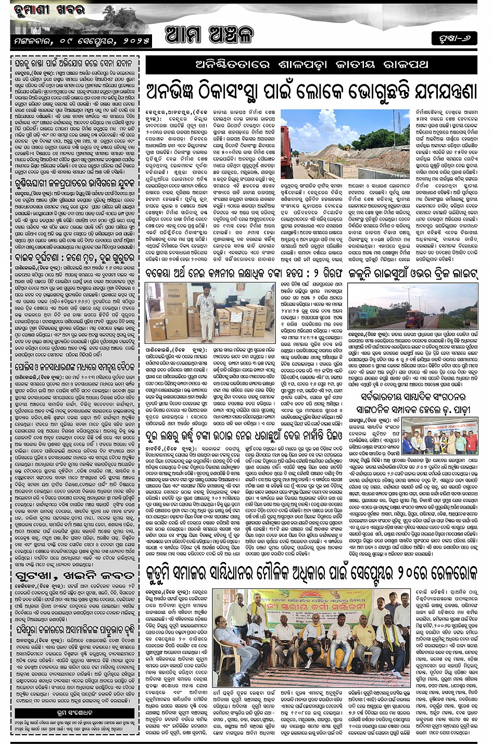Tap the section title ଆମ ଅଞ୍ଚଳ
coord(209,35)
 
